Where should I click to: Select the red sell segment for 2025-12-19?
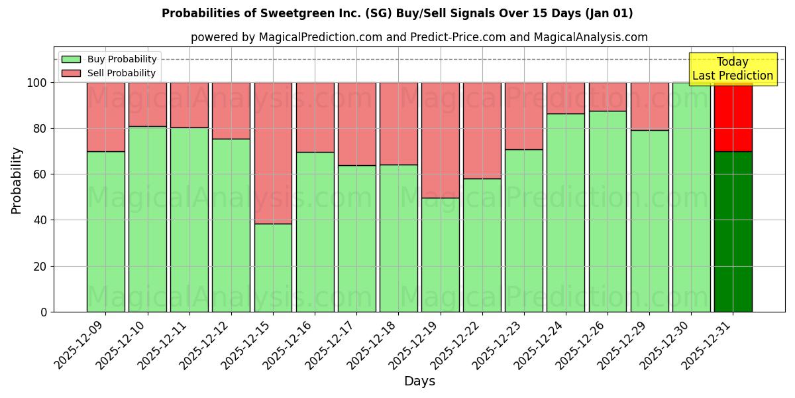(x=440, y=140)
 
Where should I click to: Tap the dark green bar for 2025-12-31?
(x=733, y=232)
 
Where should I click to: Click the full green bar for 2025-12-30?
(x=691, y=197)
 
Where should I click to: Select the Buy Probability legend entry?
(x=109, y=59)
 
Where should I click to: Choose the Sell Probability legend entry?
(x=109, y=73)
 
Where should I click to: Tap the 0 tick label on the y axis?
(x=44, y=312)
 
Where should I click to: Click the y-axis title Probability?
(x=17, y=180)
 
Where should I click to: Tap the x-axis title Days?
(x=419, y=381)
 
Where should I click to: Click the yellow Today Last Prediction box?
(x=733, y=69)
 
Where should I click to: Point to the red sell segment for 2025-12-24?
(x=566, y=98)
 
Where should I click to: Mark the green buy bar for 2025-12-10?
(x=147, y=219)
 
